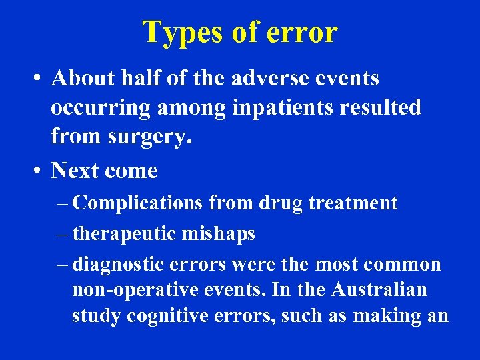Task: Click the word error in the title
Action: tap(302, 32)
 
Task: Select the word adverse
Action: tap(261, 79)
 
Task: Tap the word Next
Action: tap(75, 171)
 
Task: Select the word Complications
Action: tap(139, 203)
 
